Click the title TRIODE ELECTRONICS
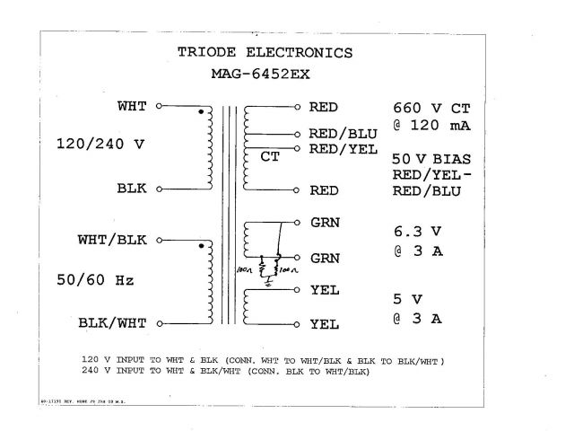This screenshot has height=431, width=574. click(265, 52)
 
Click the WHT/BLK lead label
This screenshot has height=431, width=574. click(112, 240)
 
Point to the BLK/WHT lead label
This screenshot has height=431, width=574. click(112, 321)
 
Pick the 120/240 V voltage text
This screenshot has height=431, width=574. click(100, 144)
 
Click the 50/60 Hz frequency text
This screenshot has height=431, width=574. click(95, 280)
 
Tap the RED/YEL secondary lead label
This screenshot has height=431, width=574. click(343, 148)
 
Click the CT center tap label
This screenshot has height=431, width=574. click(270, 158)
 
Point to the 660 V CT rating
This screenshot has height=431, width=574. click(431, 107)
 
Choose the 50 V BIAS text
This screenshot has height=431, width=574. click(431, 158)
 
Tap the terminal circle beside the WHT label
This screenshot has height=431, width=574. click(159, 106)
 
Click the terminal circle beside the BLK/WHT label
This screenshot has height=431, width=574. click(159, 321)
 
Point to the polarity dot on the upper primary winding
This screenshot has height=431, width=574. click(199, 112)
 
